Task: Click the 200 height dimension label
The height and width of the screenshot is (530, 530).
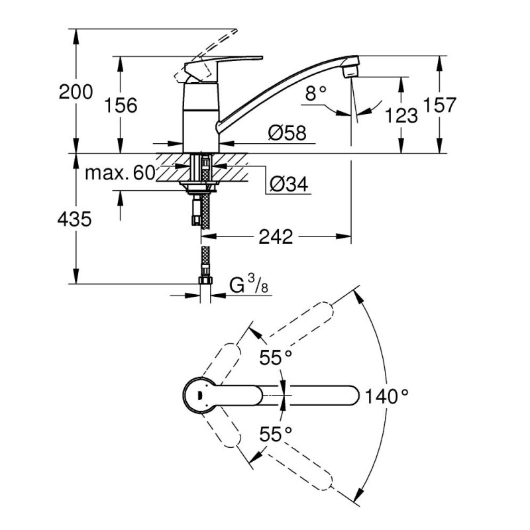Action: pos(76,91)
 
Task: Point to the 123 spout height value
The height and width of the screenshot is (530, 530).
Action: pos(401,115)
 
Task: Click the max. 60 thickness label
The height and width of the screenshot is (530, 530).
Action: pos(120,174)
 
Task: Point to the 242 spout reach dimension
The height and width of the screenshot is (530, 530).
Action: pos(276,237)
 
